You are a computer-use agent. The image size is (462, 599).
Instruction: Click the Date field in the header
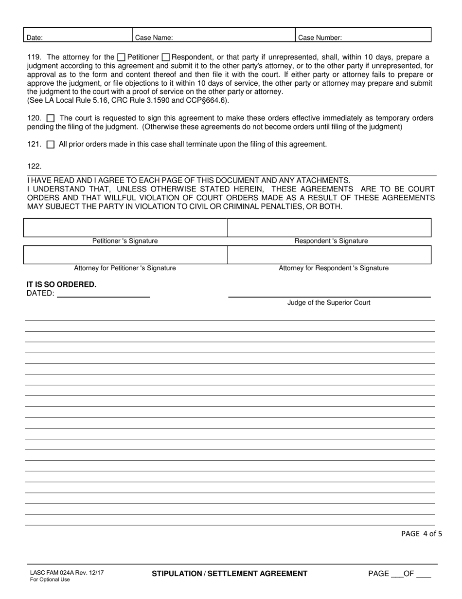78,35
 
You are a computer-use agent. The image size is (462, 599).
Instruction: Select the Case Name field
214,35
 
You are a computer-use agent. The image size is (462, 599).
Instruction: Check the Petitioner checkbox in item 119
122,57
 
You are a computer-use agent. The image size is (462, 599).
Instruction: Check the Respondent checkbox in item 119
165,57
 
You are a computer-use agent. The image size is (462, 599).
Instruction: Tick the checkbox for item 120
51,118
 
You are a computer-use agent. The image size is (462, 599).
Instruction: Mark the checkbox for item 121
51,145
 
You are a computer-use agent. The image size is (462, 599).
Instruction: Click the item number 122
34,167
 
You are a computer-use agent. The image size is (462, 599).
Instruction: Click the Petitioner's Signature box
125,228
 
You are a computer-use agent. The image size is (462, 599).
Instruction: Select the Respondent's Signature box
329,228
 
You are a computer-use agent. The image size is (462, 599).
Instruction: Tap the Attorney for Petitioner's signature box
125,255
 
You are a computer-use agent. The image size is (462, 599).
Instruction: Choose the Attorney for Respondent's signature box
329,255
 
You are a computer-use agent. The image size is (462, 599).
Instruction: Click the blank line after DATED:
103,293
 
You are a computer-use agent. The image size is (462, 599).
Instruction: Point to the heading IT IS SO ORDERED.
61,284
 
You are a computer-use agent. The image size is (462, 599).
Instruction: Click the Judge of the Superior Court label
329,303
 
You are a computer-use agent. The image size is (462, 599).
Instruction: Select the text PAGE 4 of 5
421,534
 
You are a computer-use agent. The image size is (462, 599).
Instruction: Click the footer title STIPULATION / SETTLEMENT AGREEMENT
230,574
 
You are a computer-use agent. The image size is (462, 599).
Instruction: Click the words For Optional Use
50,580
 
